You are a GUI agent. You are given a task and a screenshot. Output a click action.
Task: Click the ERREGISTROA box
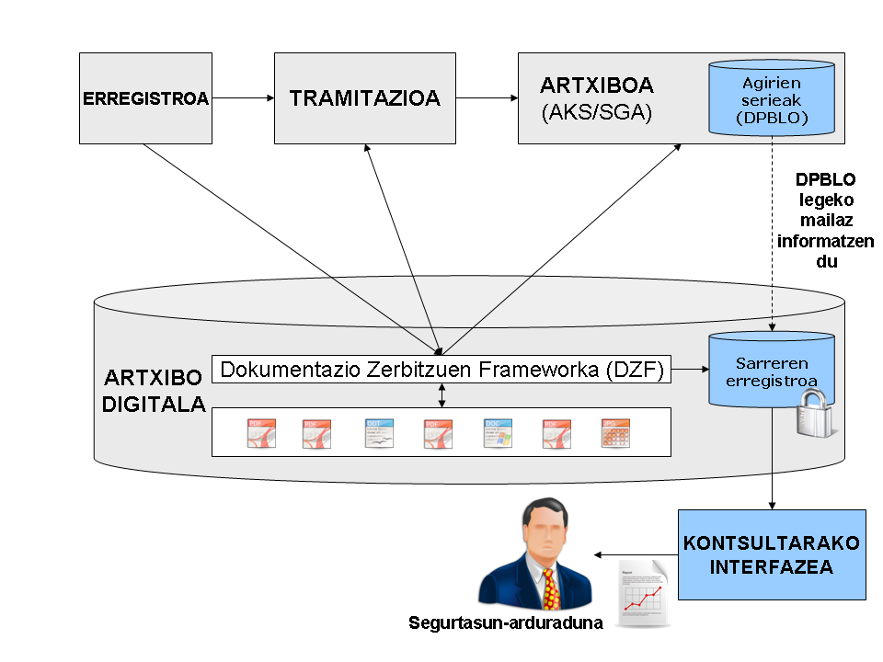146,98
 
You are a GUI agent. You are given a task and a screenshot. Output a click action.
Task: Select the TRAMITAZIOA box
364,98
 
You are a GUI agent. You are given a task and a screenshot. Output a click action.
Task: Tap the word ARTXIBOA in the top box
596,86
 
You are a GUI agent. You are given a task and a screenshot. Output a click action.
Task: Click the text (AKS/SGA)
596,113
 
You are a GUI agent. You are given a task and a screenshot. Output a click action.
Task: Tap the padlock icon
815,413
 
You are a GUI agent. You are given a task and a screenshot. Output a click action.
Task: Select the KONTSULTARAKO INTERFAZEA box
772,554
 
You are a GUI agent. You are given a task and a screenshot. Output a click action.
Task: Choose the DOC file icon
498,433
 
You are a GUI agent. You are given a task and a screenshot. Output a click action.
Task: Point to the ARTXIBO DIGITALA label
154,391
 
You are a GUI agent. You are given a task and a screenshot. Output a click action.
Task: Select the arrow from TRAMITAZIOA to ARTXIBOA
487,97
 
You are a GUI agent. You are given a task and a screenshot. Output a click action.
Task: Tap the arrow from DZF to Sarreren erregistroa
689,371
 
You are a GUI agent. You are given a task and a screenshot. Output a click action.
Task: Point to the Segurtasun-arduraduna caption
506,623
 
